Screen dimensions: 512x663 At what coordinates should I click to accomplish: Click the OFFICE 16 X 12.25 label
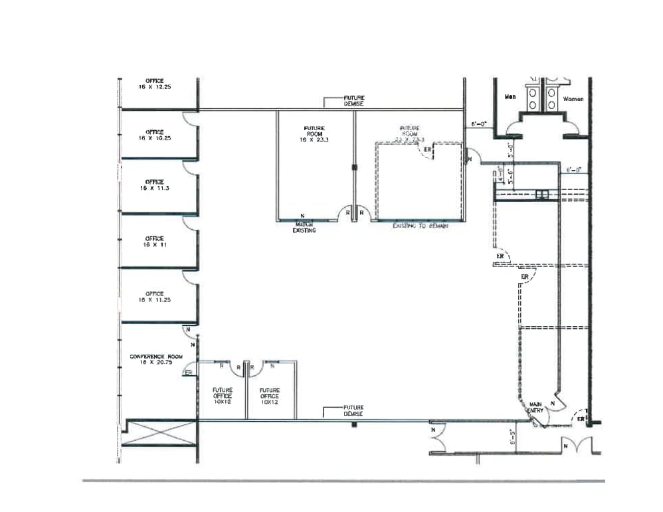pyautogui.click(x=154, y=84)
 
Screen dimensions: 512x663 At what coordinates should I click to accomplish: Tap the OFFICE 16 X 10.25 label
pyautogui.click(x=154, y=135)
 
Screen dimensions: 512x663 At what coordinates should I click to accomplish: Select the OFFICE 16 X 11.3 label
pyautogui.click(x=154, y=185)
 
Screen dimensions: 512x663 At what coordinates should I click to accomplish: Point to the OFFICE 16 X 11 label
pyautogui.click(x=154, y=241)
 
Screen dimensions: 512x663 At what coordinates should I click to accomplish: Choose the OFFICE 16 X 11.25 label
pyautogui.click(x=154, y=296)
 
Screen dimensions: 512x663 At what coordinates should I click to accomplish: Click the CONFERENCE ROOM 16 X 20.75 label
pyautogui.click(x=156, y=359)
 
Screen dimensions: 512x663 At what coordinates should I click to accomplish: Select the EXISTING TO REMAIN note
pyautogui.click(x=421, y=226)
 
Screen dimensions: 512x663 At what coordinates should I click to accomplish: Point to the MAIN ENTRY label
pyautogui.click(x=535, y=407)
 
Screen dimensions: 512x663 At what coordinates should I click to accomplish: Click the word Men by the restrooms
pyautogui.click(x=510, y=98)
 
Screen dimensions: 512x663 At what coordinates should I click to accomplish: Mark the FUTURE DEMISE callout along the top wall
pyautogui.click(x=353, y=101)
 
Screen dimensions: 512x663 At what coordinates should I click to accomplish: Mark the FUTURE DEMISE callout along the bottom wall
pyautogui.click(x=353, y=410)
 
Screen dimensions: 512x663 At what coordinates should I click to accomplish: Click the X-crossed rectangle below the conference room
pyautogui.click(x=161, y=432)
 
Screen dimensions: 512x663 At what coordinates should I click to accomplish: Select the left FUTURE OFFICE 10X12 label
pyautogui.click(x=222, y=396)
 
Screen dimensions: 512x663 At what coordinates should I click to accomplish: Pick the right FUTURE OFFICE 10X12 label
pyautogui.click(x=270, y=396)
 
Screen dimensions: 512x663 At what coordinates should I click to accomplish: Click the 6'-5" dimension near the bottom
pyautogui.click(x=511, y=437)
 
